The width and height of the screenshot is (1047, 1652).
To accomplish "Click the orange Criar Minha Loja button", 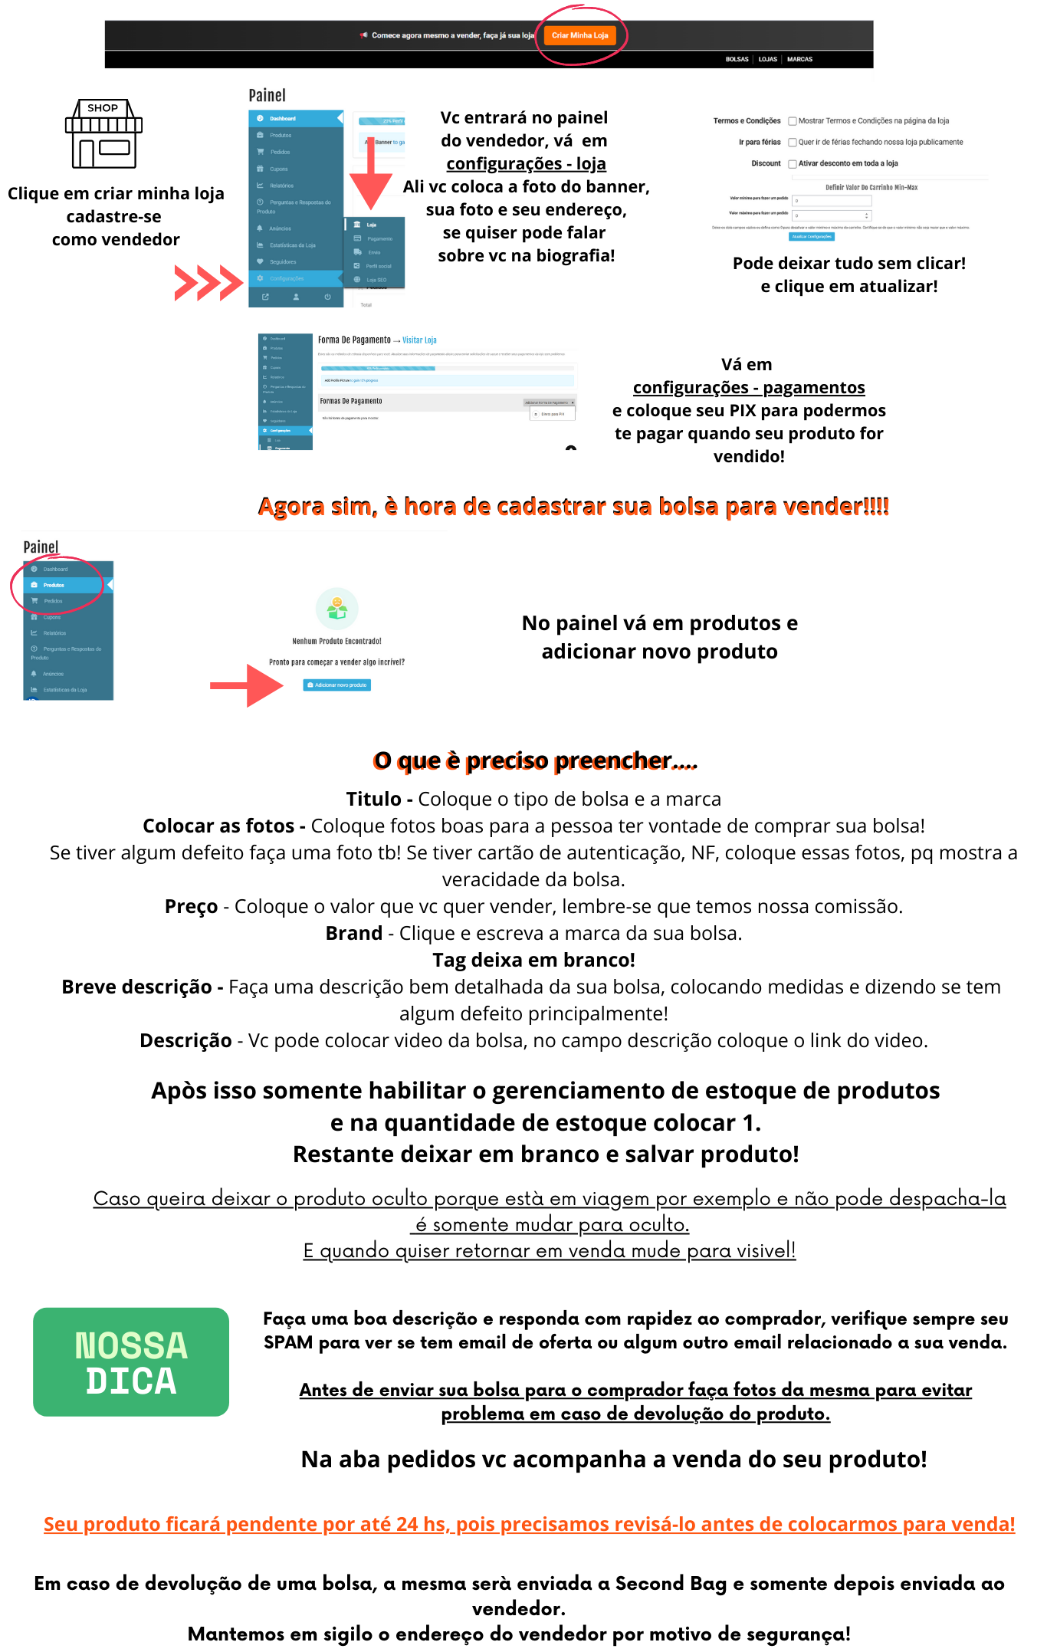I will coord(579,35).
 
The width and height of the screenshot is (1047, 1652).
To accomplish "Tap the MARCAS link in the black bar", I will coord(799,59).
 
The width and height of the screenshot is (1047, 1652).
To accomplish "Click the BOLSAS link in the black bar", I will coord(737,59).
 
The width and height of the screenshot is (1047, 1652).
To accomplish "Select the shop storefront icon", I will coord(103,133).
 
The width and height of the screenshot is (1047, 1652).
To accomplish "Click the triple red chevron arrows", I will coord(208,283).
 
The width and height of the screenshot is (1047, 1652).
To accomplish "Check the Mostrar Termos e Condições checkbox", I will coord(793,121).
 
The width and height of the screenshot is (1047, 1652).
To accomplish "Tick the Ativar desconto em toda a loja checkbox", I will coord(793,164).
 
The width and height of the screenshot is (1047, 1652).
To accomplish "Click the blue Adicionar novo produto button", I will coord(337,685).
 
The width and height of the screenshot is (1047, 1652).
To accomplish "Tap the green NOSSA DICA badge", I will coord(131,1361).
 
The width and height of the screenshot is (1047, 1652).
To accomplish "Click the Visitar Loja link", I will coord(419,340).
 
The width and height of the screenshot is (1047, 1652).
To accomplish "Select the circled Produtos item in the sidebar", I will coord(54,585).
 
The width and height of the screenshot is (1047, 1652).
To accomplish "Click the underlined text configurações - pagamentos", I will coord(749,388).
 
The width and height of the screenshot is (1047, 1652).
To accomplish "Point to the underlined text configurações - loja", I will coord(526,164).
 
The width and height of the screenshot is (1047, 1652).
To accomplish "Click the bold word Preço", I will coord(192,907).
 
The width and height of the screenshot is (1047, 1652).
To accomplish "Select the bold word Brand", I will coord(354,934).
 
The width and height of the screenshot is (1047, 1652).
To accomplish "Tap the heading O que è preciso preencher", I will coord(535,760).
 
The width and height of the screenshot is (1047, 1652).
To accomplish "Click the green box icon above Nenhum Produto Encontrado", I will coord(337,609).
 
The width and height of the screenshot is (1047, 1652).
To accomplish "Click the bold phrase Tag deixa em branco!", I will coord(533,961).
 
